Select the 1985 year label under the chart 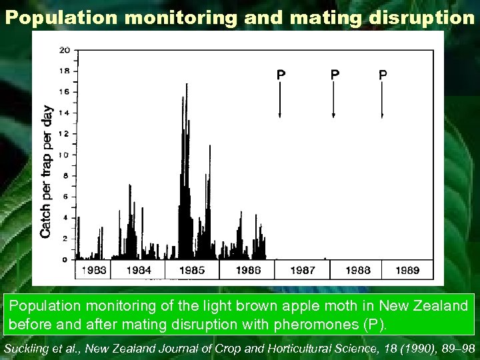(192, 270)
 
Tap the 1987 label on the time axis (303, 270)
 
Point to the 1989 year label (407, 270)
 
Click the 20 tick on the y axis (64, 51)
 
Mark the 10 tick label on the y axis (64, 155)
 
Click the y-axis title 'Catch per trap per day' (47, 172)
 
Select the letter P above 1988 (335, 75)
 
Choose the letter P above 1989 (382, 75)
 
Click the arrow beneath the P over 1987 (280, 100)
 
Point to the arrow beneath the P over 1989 (382, 100)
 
